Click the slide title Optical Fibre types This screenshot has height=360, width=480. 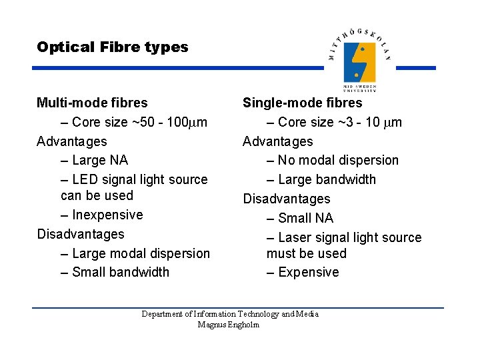click(x=113, y=47)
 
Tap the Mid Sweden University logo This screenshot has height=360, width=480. click(x=359, y=60)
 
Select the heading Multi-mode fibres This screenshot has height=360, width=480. click(x=92, y=103)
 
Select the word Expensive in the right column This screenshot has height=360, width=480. click(x=308, y=272)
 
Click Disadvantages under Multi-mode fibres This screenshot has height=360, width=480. click(x=80, y=234)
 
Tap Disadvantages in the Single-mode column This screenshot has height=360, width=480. click(x=286, y=199)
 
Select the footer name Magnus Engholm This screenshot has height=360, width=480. click(x=229, y=325)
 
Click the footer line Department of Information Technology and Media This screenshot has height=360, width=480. click(x=230, y=314)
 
